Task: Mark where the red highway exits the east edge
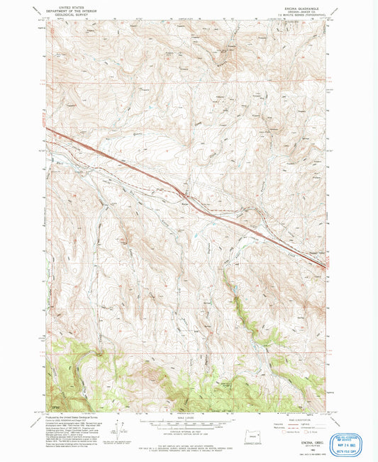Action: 326,266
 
